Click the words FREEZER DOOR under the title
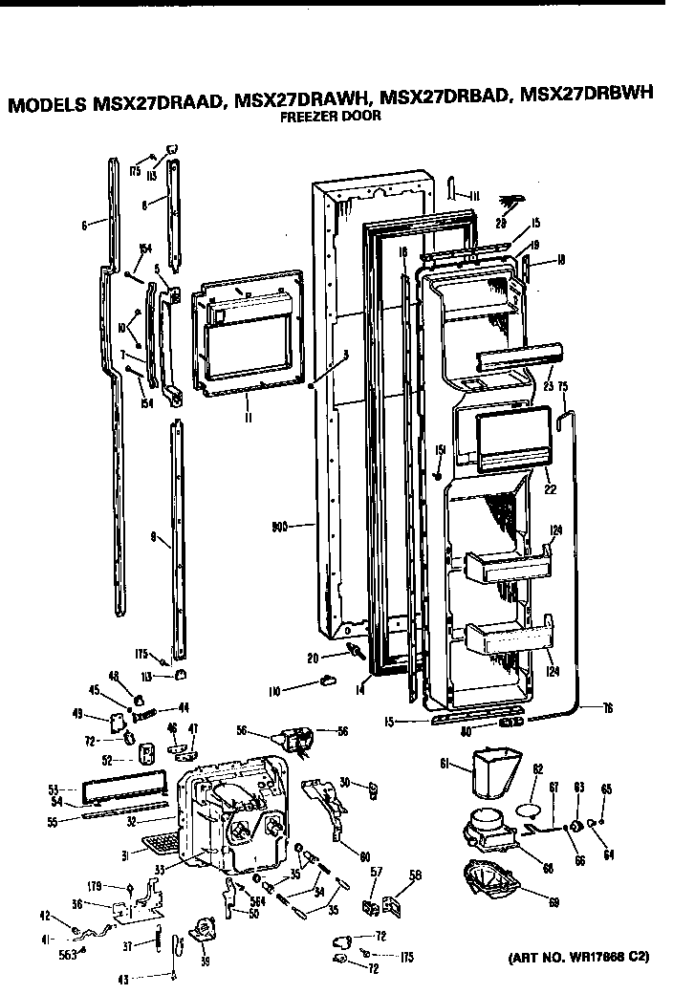click(330, 117)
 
